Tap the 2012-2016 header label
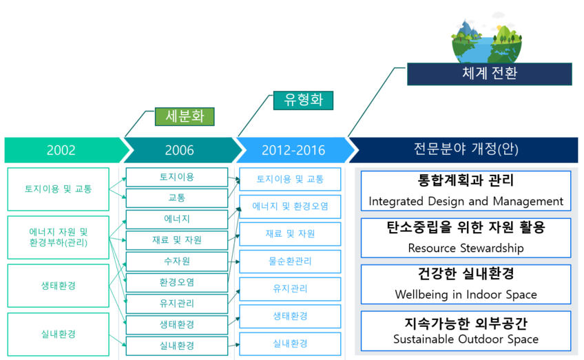293,150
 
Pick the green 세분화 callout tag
185,116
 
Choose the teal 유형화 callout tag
303,100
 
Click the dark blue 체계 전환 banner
490,74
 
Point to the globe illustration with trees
486,39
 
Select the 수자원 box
177,262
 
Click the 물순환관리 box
290,262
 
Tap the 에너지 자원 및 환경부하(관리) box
58,237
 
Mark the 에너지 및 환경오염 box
290,207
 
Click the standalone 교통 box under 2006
177,198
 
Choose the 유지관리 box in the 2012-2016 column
290,289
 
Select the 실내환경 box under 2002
58,335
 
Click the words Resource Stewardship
466,248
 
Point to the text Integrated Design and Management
466,202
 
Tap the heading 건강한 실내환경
466,274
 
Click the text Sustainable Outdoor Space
466,339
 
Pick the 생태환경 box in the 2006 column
177,325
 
